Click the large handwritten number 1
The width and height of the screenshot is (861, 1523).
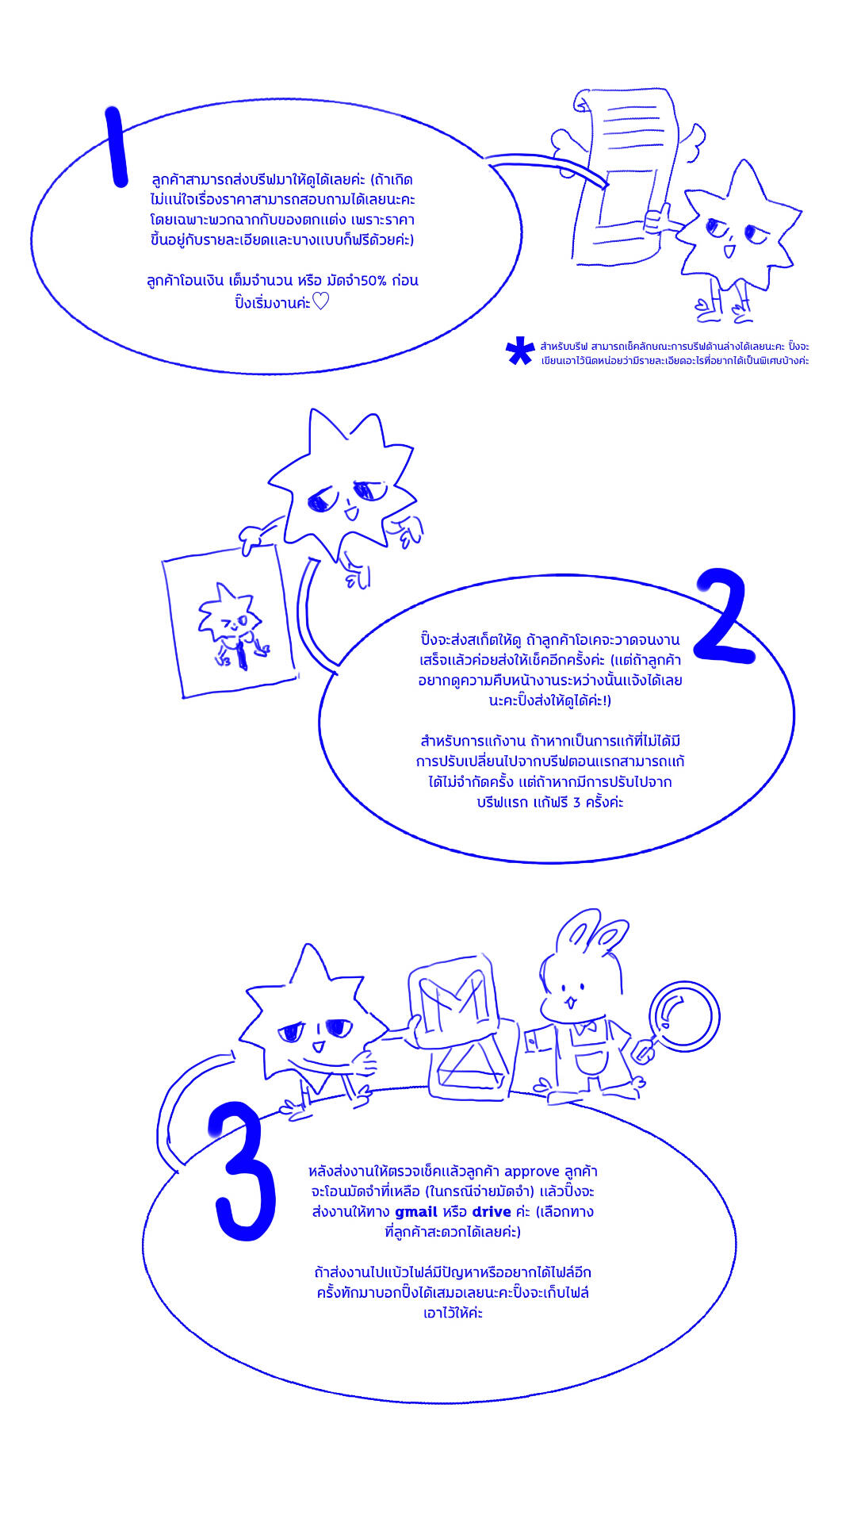click(116, 147)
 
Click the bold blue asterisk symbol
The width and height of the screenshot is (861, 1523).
click(519, 351)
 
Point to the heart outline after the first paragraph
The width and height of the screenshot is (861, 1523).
click(320, 302)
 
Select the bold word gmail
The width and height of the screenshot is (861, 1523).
click(416, 1212)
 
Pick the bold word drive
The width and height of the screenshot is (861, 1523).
click(492, 1212)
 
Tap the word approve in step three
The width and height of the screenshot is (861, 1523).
click(531, 1172)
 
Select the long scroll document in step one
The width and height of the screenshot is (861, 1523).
click(626, 175)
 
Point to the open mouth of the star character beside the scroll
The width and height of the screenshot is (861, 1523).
click(729, 251)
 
